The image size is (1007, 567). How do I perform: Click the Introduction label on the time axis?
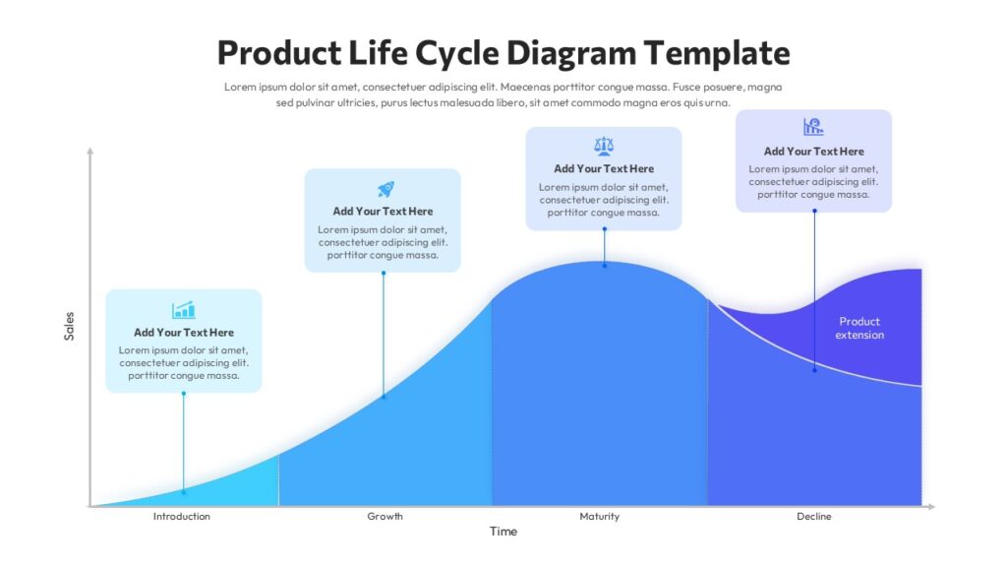click(x=182, y=516)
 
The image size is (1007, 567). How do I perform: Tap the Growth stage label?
click(x=385, y=516)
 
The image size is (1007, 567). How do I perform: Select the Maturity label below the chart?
click(x=599, y=516)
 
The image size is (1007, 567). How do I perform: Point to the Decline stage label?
click(x=814, y=516)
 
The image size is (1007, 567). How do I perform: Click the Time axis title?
click(x=503, y=532)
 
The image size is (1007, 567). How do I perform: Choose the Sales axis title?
click(x=69, y=326)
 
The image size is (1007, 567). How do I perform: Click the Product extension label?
click(x=859, y=328)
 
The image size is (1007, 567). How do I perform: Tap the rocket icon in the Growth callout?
click(x=385, y=189)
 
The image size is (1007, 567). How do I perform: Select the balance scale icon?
click(x=604, y=147)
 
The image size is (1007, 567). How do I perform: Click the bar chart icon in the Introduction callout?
click(x=184, y=310)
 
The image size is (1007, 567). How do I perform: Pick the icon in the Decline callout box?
click(x=813, y=127)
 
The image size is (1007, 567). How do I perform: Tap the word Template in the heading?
click(x=718, y=52)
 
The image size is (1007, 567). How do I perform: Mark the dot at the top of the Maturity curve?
click(x=605, y=265)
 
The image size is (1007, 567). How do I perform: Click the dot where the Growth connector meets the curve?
click(x=384, y=396)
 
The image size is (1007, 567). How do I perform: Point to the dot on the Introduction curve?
click(x=183, y=491)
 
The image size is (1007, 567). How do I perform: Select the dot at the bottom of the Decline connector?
click(x=814, y=370)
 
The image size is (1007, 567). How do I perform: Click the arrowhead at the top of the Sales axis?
click(x=89, y=151)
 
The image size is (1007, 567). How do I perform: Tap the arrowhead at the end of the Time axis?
click(x=930, y=506)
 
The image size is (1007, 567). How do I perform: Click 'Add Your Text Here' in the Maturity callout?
click(x=604, y=168)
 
